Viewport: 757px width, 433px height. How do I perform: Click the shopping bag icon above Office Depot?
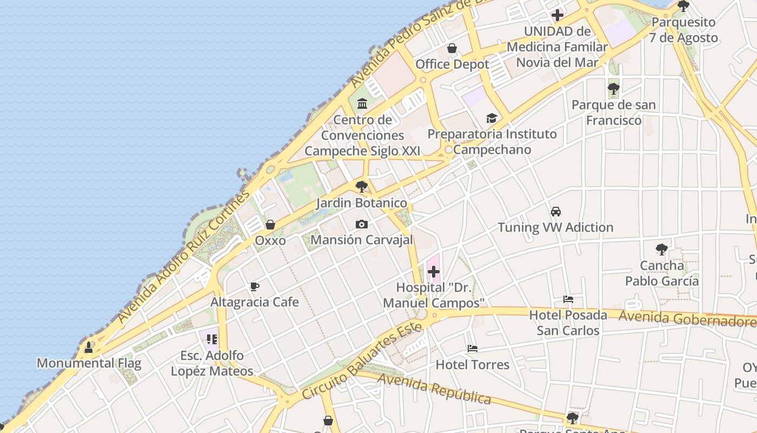coord(452,48)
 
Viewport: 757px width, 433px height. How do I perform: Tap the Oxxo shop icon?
coord(270,224)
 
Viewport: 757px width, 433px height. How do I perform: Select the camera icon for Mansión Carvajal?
coord(361,224)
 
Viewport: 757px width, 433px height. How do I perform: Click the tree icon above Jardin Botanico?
coord(361,187)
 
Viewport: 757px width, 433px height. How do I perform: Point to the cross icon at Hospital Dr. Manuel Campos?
coord(433,272)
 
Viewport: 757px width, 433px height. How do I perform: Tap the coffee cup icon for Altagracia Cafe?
coord(255,286)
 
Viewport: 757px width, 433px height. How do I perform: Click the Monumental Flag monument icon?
coord(89,347)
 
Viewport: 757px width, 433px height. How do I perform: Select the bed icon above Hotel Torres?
coord(472,349)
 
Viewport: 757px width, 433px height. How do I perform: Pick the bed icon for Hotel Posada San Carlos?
coord(568,299)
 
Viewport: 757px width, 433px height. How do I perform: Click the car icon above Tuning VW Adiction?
coord(555,211)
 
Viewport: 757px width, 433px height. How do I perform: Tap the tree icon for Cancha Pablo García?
coord(661,250)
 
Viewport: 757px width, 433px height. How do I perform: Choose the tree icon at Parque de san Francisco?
coord(613,88)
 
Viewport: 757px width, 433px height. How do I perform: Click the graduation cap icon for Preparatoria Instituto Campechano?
coord(492,118)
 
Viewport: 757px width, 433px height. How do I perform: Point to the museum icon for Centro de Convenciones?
coord(362,103)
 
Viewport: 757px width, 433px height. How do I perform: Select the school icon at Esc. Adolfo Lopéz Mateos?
coord(211,339)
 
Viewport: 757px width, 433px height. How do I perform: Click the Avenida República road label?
coord(434,389)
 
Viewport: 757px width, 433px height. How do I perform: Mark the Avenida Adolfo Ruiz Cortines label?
coord(184,256)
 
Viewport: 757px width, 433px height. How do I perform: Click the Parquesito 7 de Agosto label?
coord(683,30)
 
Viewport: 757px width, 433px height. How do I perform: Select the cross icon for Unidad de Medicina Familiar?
coord(557,15)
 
